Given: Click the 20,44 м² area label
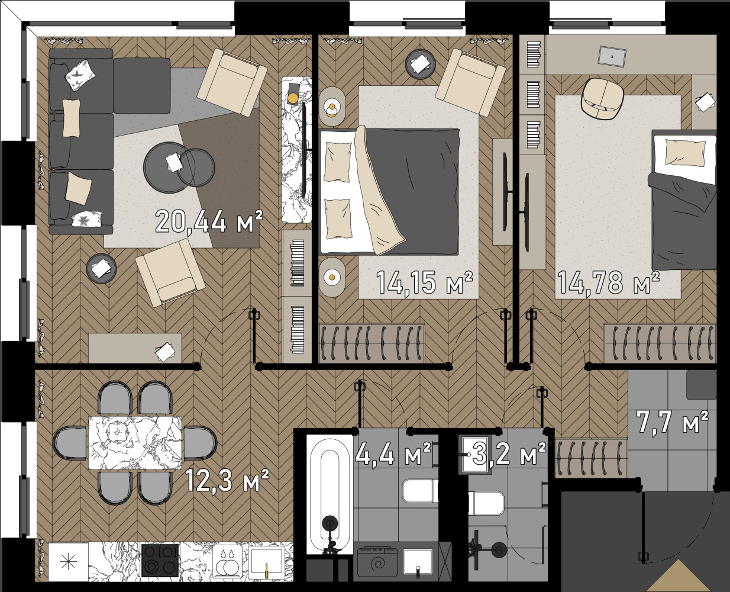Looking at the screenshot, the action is (x=209, y=221).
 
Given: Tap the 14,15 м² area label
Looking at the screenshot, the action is (x=424, y=282).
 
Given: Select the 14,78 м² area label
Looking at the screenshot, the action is (x=609, y=282).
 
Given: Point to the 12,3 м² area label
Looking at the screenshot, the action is (x=227, y=480).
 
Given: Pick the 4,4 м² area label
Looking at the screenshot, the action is (x=393, y=453).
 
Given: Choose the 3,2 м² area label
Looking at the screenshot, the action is (x=509, y=453).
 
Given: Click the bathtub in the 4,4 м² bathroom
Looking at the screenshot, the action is (x=330, y=494).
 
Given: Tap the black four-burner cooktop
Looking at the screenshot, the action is (x=160, y=561).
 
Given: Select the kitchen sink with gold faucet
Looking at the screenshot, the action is (x=266, y=561).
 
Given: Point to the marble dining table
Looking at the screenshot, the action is (x=135, y=443).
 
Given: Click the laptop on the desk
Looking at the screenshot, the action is (x=612, y=56).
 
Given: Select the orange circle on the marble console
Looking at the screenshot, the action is (x=293, y=98).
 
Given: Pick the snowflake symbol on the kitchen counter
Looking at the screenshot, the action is (x=68, y=561).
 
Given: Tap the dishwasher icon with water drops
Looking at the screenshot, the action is (x=227, y=561).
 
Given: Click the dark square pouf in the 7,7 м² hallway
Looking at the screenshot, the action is (x=701, y=385).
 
